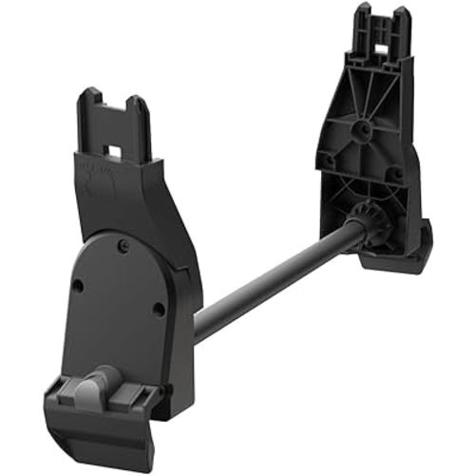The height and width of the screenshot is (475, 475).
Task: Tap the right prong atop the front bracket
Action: pyautogui.click(x=139, y=114)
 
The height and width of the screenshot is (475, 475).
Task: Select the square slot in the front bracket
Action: pyautogui.click(x=114, y=150)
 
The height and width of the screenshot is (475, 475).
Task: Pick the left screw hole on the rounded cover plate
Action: pyautogui.click(x=79, y=284)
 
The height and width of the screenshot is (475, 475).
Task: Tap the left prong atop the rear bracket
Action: pyautogui.click(x=362, y=21)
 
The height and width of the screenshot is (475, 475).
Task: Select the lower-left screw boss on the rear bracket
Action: pyautogui.click(x=331, y=161)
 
